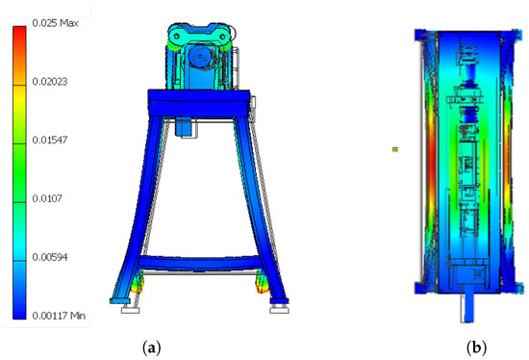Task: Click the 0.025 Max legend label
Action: coord(56,23)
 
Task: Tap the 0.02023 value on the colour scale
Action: coord(50,82)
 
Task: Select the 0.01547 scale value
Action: coord(50,140)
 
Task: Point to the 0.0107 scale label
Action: coord(47,198)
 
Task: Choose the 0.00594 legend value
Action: coord(50,257)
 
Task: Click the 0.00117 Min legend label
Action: coord(59,316)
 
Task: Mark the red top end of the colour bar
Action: coord(19,32)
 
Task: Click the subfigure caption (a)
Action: coord(151,347)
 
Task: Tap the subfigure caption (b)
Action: coord(476,347)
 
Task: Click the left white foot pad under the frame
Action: coord(130,309)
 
